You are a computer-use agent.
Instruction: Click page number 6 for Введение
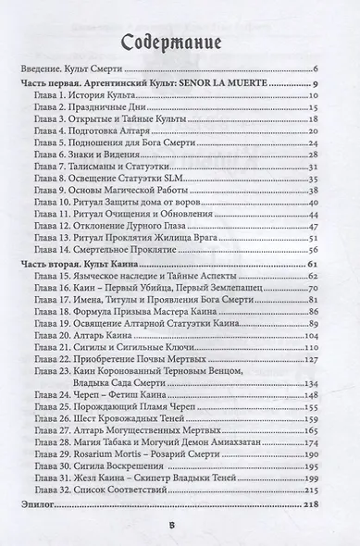[x=316, y=70]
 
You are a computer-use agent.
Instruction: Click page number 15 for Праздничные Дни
[x=314, y=108]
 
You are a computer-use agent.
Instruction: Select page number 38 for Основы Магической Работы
[x=314, y=191]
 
